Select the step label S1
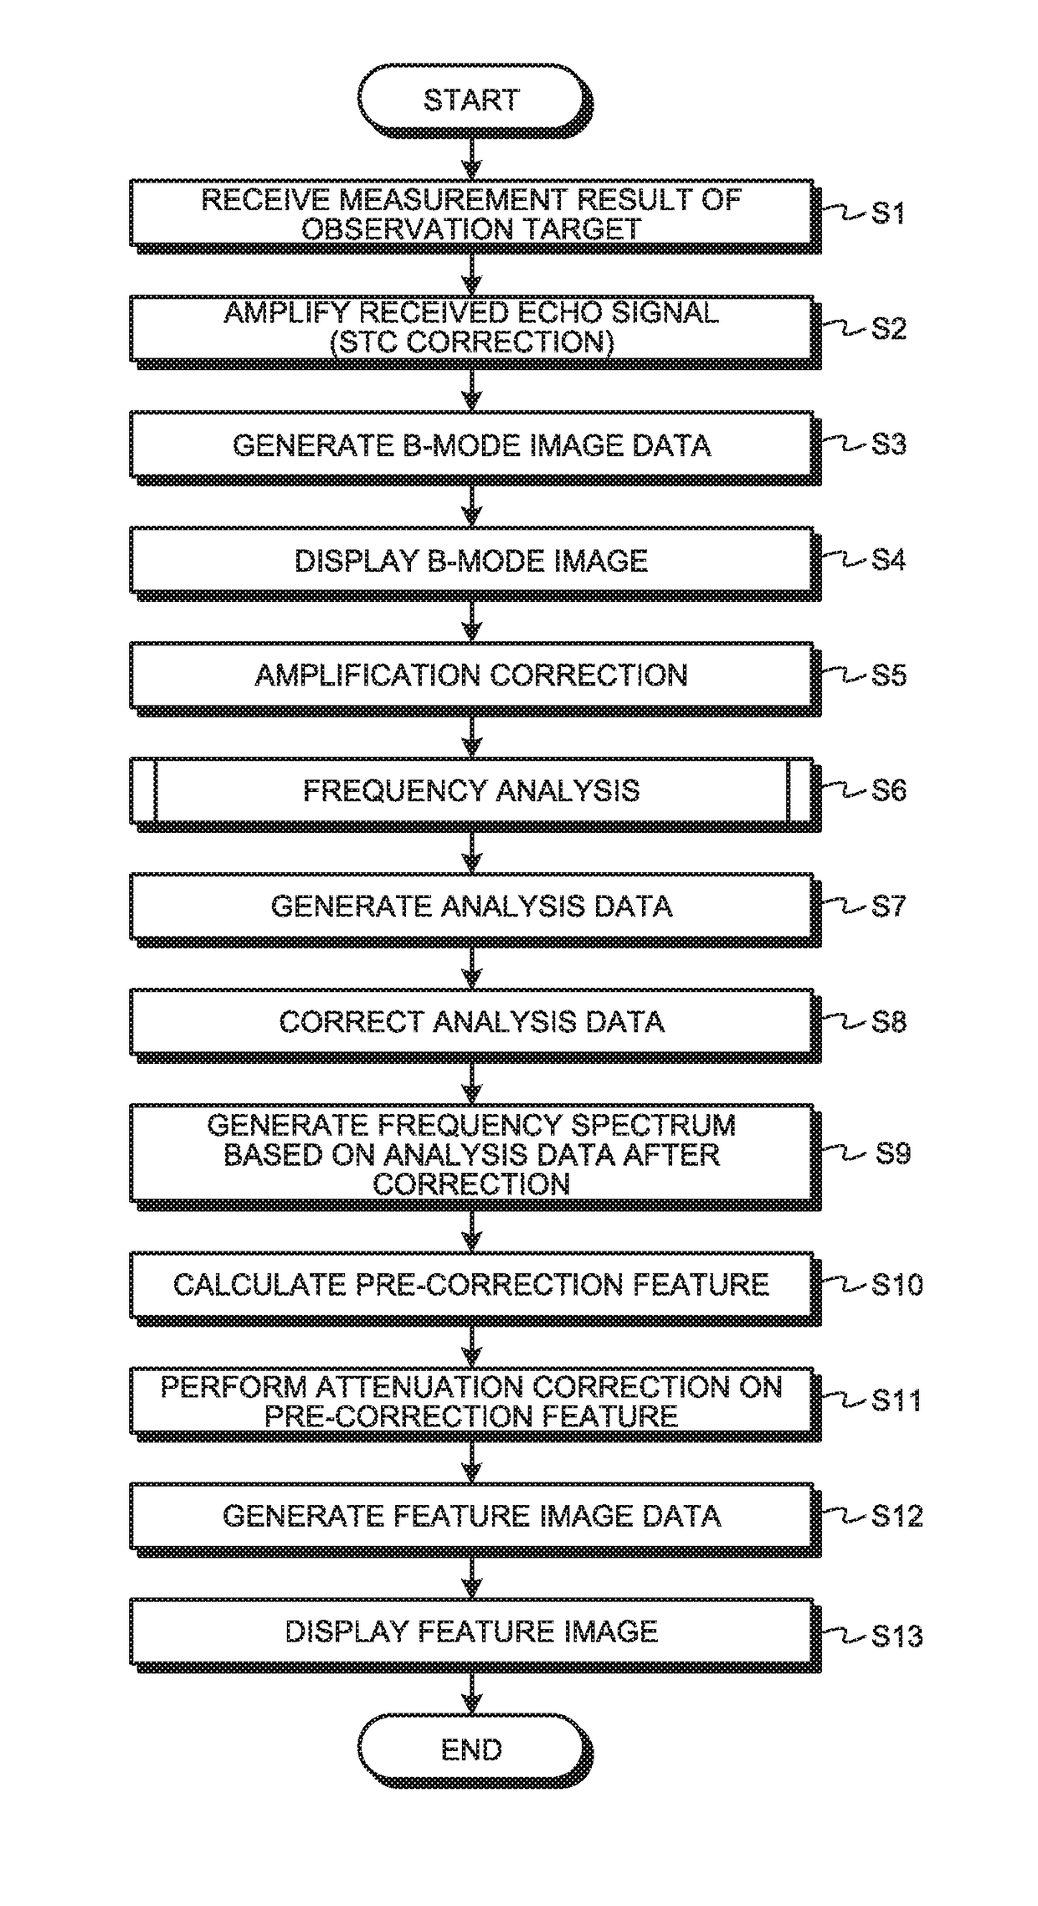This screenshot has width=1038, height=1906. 888,213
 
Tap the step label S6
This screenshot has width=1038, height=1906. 888,790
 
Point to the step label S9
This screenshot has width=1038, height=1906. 892,1153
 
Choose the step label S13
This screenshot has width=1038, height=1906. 897,1636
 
